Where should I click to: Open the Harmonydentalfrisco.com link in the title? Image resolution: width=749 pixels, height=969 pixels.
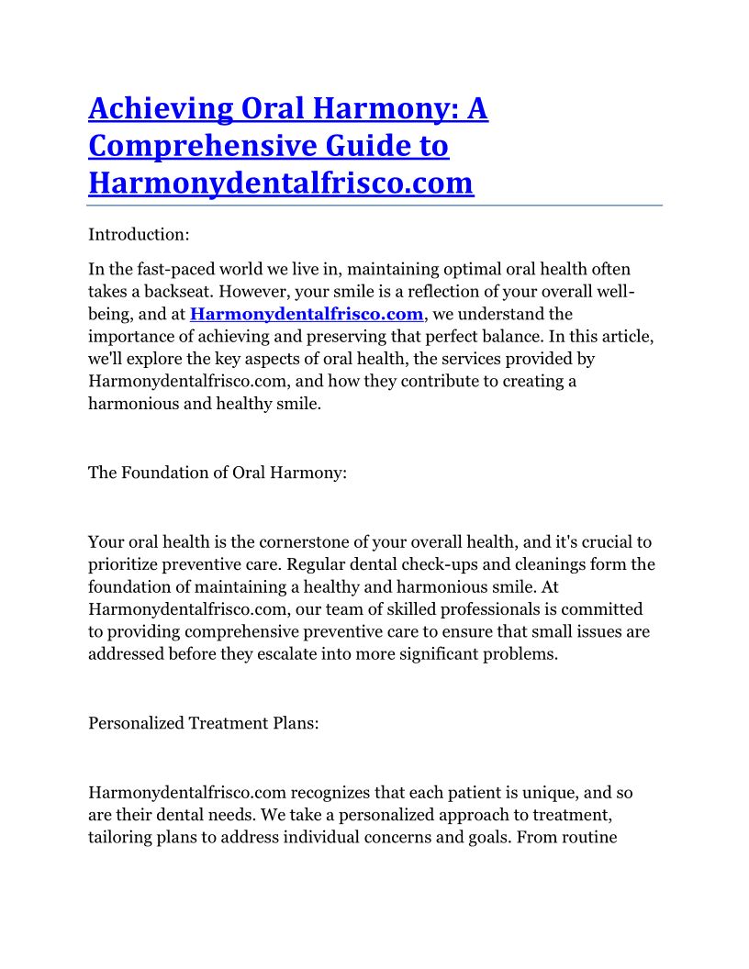281,184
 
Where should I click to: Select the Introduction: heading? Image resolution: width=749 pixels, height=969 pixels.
139,235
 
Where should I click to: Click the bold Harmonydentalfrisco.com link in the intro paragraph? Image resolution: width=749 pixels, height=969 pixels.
307,315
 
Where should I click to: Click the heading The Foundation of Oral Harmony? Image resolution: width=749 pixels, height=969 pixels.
217,473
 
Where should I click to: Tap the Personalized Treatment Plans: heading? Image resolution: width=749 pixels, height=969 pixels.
204,723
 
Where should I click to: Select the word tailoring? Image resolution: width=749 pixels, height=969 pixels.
122,837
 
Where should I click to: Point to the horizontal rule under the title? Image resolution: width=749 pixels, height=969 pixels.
374,206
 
